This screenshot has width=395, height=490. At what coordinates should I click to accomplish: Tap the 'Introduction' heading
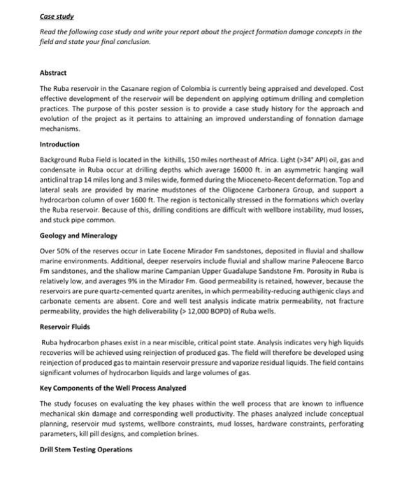59,143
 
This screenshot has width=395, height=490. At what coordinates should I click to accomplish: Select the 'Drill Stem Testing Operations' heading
85,449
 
